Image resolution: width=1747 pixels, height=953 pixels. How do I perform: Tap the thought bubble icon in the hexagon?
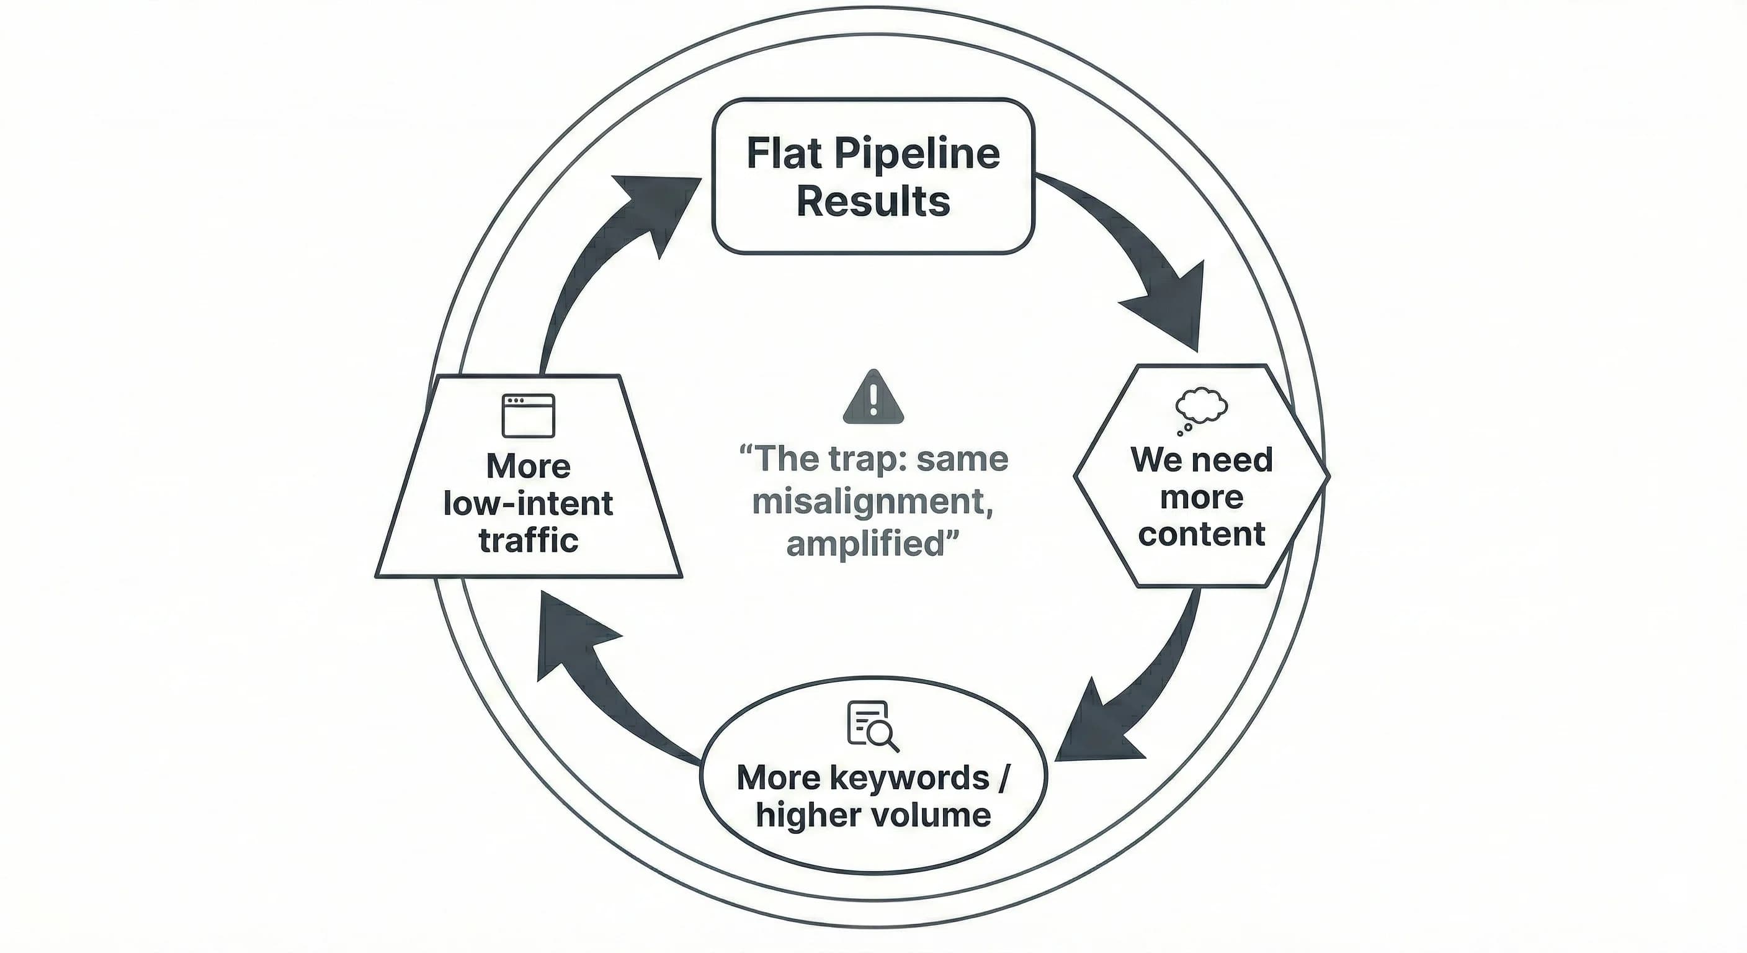[1200, 409]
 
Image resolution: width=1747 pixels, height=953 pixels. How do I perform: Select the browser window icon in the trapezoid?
[529, 415]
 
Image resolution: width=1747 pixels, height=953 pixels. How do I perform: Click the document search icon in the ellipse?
[872, 725]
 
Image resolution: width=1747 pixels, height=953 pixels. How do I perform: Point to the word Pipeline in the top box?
[917, 153]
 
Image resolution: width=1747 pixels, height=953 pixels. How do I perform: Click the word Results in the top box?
[873, 202]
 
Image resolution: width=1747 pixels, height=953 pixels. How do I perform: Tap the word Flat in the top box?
[785, 153]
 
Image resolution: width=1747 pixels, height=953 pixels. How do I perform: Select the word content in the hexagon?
[1201, 534]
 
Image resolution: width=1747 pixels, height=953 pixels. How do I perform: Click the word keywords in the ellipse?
[909, 778]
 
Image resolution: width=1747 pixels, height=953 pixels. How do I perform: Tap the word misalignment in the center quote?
[868, 503]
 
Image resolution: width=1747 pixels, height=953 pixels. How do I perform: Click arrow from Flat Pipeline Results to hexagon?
[1140, 257]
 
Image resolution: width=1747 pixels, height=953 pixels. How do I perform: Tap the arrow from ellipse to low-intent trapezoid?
[597, 685]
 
